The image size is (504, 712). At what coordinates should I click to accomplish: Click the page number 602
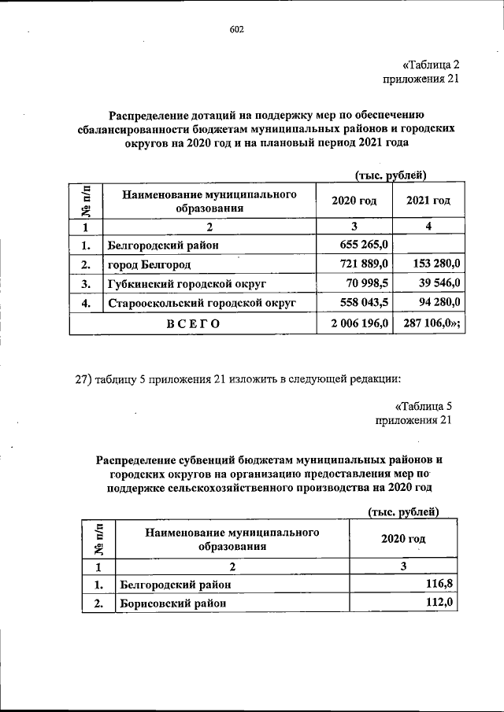coord(237,29)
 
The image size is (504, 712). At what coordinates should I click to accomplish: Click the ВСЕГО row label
coord(192,323)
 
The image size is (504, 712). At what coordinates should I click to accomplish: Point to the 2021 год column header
coord(428,201)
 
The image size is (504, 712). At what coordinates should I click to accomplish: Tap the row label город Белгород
coord(150,264)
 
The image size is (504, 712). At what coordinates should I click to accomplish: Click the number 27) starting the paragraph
coord(85,378)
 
